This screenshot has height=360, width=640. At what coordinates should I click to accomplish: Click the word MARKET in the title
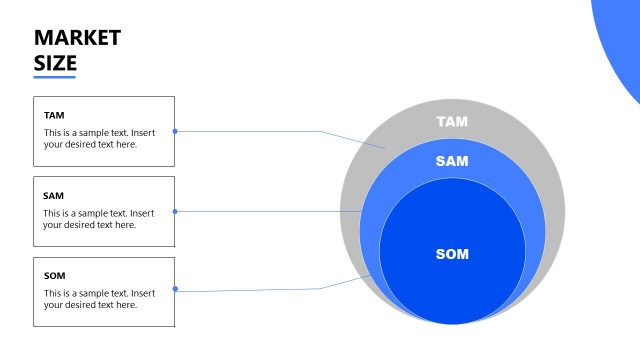coord(77,38)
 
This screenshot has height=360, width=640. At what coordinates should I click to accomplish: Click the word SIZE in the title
coord(55,63)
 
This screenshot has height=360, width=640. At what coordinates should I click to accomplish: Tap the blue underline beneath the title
coord(55,77)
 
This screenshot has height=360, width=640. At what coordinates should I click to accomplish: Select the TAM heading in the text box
coord(54,115)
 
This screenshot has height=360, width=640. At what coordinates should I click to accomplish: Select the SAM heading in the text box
coord(54,196)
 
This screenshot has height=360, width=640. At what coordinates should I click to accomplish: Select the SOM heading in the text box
coord(54,276)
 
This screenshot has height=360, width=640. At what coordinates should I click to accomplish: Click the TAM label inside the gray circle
coord(452,122)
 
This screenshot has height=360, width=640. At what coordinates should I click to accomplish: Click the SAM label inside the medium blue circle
coord(452,161)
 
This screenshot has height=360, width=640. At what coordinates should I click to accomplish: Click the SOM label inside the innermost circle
coord(452,254)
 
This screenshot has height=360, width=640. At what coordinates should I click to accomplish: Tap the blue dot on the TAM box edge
coord(175,131)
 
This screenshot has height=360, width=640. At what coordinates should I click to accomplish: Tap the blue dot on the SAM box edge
coord(175,211)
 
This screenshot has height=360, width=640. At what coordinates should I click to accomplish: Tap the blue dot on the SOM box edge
coord(175,289)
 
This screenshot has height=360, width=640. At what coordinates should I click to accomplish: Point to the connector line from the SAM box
coord(270,211)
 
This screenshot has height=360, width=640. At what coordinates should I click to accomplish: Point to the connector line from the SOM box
coord(260,290)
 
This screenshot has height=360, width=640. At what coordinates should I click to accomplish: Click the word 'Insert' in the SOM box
coord(143,293)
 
